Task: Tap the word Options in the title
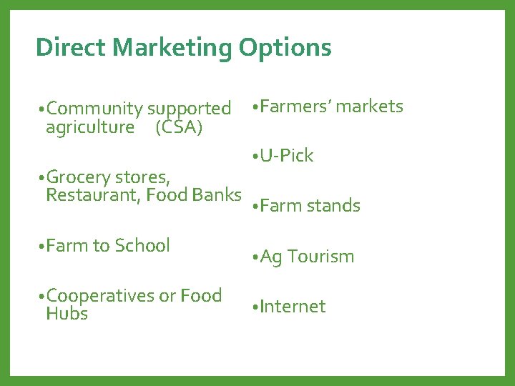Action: click(x=285, y=48)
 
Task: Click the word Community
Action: click(x=94, y=109)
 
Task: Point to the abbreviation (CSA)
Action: click(x=178, y=127)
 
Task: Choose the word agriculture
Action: click(x=89, y=127)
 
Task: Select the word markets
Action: click(x=370, y=107)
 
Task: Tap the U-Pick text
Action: click(x=287, y=156)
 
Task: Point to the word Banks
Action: click(x=217, y=194)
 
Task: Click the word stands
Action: click(x=333, y=206)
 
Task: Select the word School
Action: click(x=142, y=245)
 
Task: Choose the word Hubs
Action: click(x=67, y=314)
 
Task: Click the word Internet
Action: click(x=293, y=307)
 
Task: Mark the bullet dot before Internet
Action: click(x=255, y=308)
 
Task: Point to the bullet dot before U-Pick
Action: click(x=255, y=157)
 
